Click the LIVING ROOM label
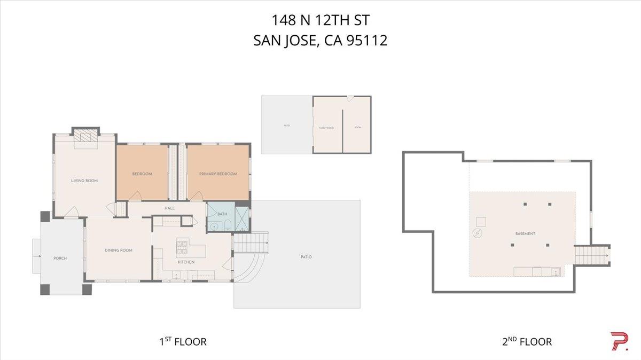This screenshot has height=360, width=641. [84, 181]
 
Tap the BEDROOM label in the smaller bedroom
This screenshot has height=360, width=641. [142, 174]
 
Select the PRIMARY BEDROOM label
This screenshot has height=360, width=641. [218, 174]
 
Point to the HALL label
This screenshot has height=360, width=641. [169, 208]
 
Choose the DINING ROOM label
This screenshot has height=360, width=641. [119, 251]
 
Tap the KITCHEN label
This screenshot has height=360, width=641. [186, 262]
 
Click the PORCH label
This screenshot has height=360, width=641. [60, 259]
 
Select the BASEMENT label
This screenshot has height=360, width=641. [525, 234]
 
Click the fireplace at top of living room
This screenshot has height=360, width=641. [85, 137]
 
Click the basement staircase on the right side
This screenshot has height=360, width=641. [592, 255]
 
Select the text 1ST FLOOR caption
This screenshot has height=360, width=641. [182, 341]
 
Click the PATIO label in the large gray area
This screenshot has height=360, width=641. [306, 257]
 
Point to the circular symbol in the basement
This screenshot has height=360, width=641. [478, 233]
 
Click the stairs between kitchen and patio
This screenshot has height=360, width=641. [251, 242]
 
